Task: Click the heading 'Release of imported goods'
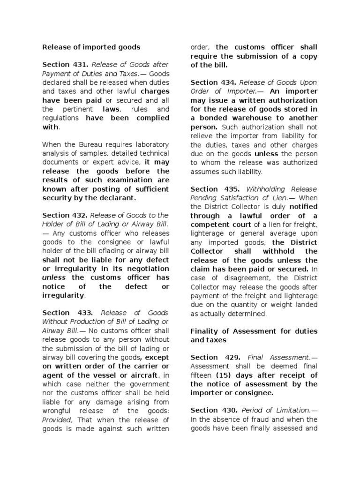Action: [x=91, y=47]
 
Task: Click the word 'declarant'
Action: [x=115, y=198]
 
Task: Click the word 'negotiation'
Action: [x=147, y=269]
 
